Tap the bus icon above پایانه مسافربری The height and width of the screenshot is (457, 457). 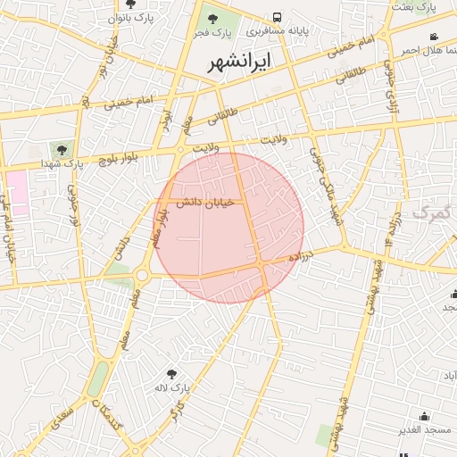(x=278, y=17)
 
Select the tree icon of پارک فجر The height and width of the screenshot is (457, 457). (x=212, y=18)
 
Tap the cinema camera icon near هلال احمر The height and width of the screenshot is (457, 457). (x=434, y=37)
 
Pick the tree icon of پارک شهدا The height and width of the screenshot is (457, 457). (x=61, y=149)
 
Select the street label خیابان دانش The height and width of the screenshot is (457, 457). (x=204, y=204)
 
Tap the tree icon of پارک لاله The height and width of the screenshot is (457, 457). (x=172, y=373)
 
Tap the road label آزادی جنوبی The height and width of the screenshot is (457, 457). (x=390, y=84)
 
